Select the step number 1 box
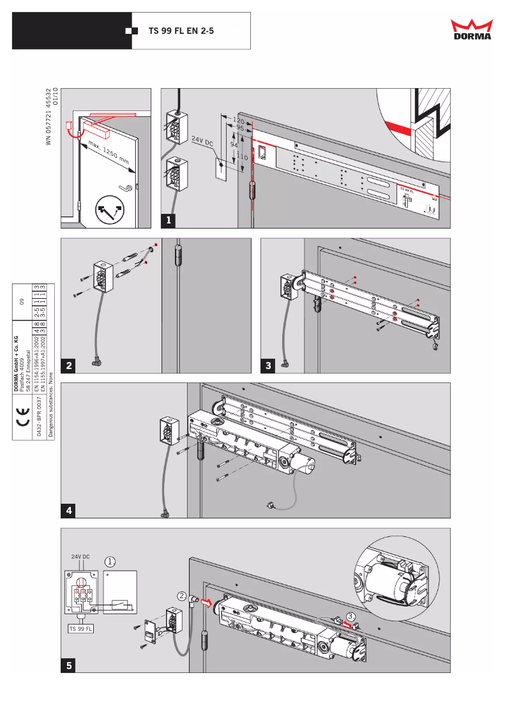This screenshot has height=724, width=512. (169, 220)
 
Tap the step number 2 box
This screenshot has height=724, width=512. (68, 365)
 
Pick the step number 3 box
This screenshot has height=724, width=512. (269, 365)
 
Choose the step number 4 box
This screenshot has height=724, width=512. (68, 510)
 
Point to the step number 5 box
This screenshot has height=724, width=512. (68, 665)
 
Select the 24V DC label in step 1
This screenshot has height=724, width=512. (202, 142)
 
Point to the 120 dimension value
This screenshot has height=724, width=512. (239, 120)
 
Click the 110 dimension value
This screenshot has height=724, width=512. (242, 156)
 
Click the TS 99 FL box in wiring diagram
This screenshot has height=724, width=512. (80, 628)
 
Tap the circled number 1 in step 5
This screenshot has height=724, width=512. (110, 562)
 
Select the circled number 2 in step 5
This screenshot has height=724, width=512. (182, 596)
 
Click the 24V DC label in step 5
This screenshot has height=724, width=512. (80, 557)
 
